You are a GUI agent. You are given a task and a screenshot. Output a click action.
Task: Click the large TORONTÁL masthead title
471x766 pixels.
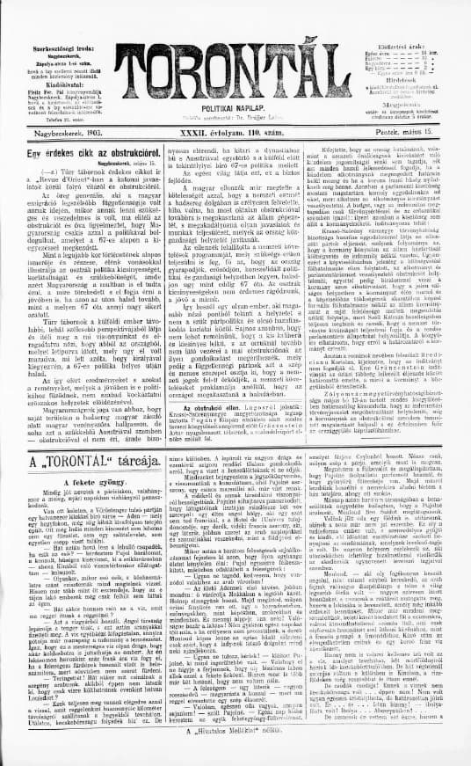(235, 54)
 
